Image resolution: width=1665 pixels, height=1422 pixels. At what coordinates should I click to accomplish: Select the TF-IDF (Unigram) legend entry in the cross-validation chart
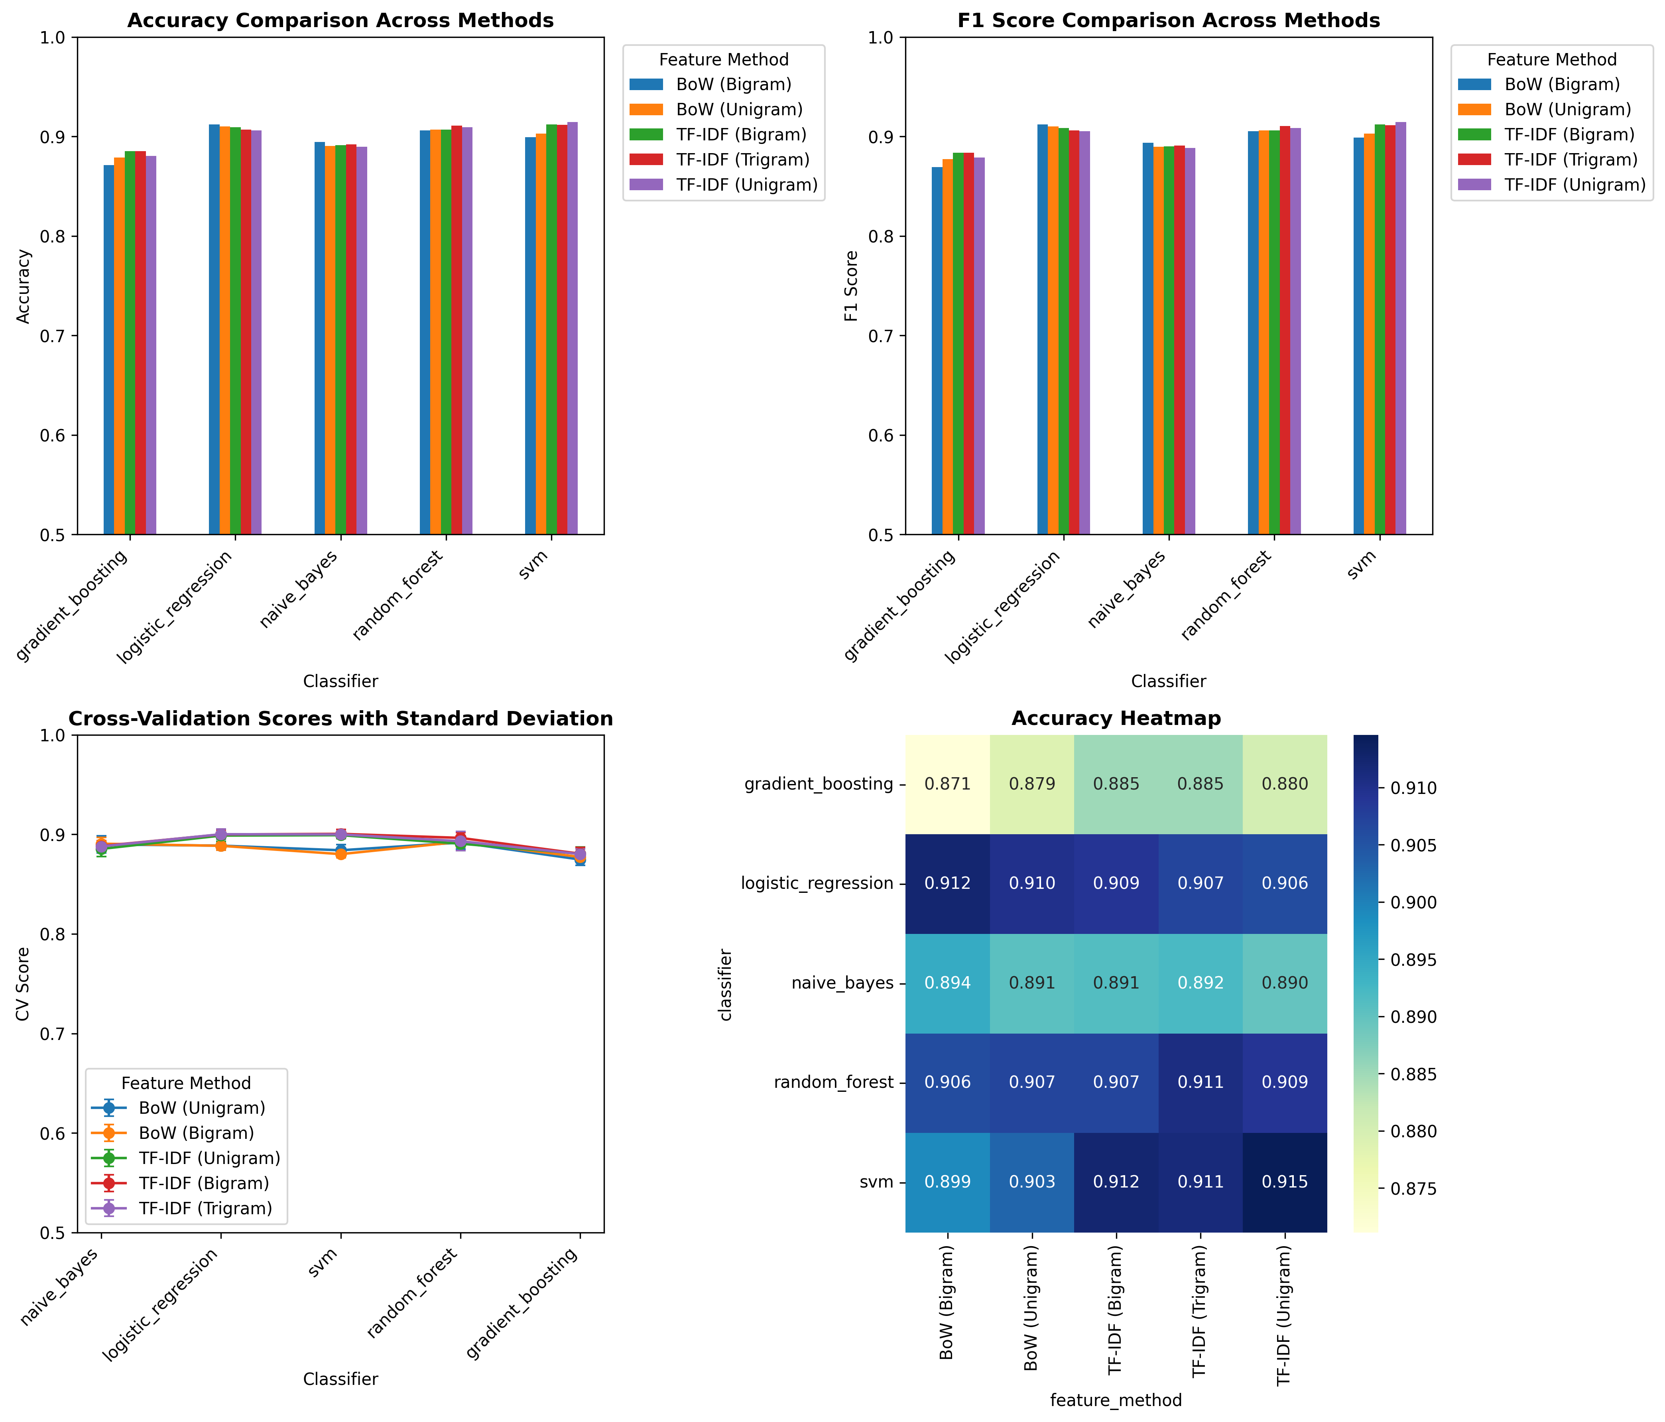point(209,1158)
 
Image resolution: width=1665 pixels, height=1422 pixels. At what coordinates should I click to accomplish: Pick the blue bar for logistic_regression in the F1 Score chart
point(1042,329)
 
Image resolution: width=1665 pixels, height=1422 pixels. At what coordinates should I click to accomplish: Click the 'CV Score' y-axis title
point(23,984)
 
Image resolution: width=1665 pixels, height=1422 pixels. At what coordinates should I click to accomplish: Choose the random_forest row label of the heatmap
point(833,1082)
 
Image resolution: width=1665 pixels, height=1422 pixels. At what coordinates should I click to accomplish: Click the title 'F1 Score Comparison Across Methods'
point(1168,20)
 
